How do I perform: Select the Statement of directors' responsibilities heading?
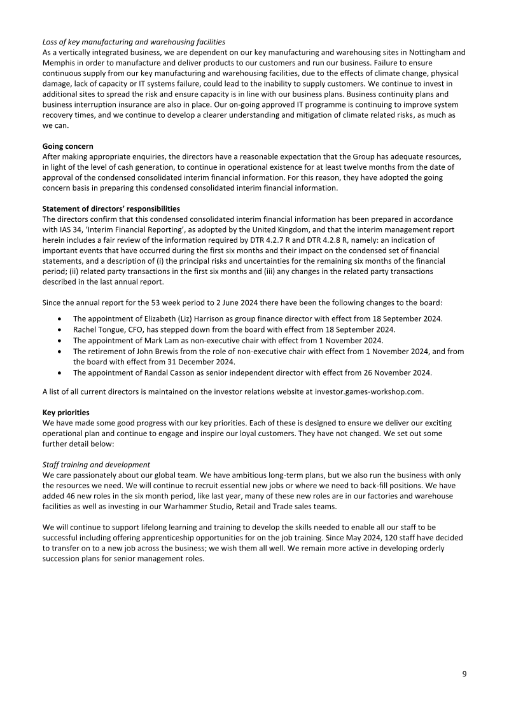coord(111,209)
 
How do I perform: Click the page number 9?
coord(464,674)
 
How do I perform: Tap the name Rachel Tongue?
coord(98,329)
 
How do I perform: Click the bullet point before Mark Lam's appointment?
coord(59,340)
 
